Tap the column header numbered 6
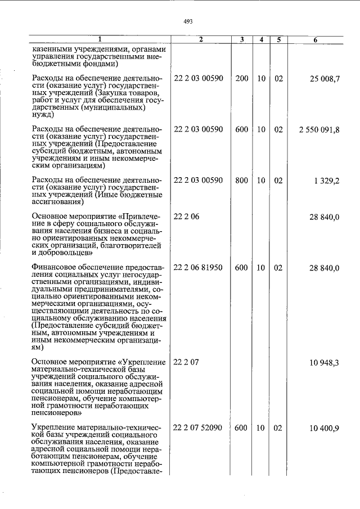315,39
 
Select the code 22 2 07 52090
199,428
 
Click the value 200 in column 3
242,78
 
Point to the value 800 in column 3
242,180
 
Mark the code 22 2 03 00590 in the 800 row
199,180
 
